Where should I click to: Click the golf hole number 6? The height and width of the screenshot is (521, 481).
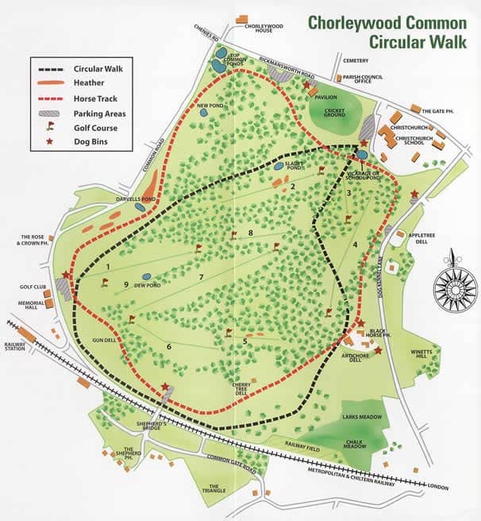[169, 347]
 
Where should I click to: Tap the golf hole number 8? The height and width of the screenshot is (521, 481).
[250, 233]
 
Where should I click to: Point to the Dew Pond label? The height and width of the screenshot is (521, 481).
[148, 284]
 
